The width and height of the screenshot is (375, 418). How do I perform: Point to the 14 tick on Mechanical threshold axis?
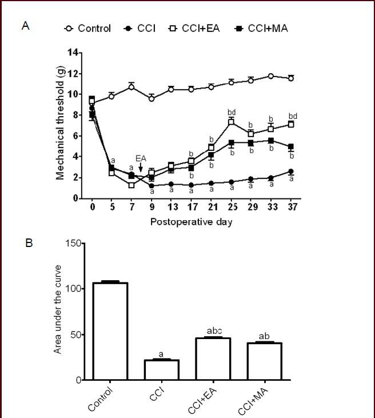click(73, 53)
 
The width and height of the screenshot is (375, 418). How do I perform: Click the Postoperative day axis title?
click(192, 221)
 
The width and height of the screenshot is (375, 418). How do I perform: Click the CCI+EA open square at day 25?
click(232, 122)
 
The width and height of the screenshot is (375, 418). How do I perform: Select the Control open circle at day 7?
click(131, 86)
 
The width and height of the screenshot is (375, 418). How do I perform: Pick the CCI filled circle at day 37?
click(291, 171)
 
